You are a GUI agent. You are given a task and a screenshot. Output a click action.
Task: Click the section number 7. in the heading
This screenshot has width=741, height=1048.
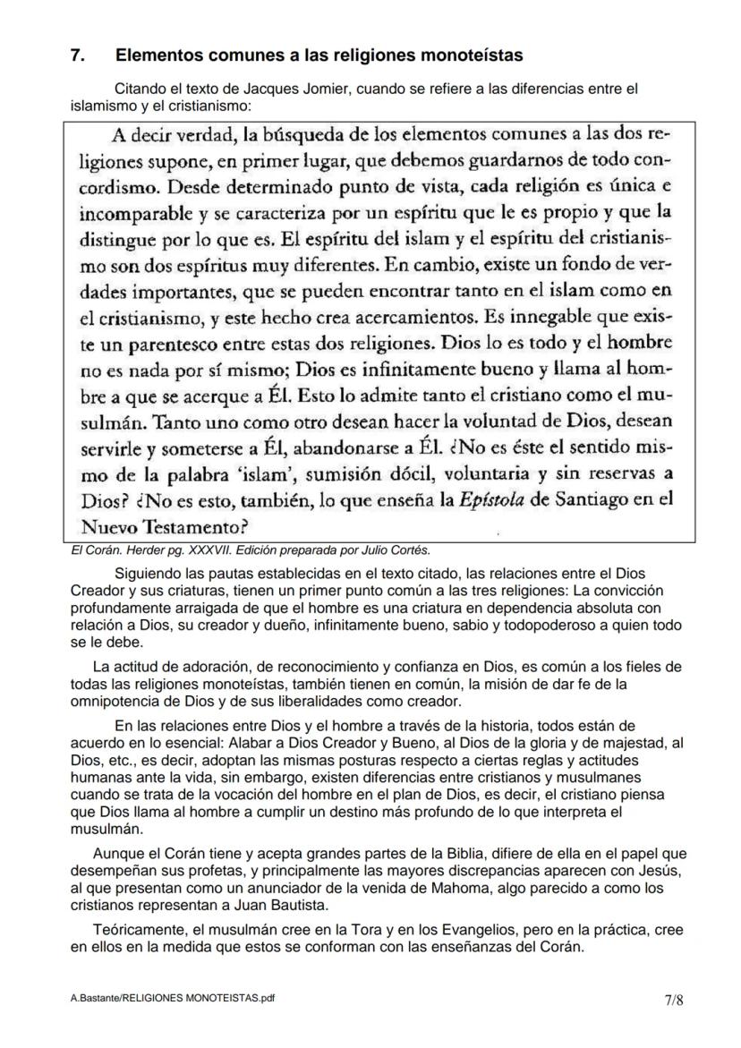pyautogui.click(x=78, y=55)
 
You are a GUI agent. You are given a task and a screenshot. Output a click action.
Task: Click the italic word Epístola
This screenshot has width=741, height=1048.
pyautogui.click(x=492, y=499)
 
